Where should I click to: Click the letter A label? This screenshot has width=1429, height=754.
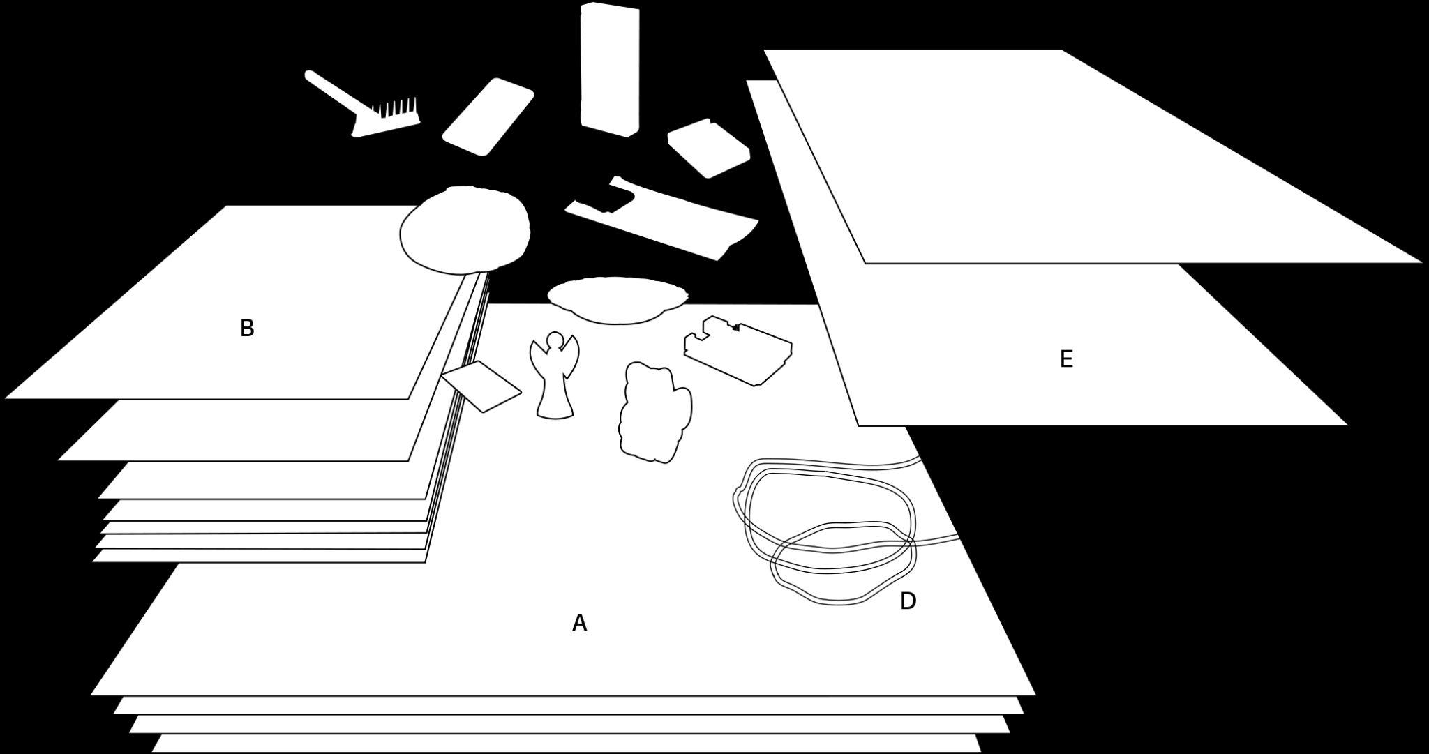(579, 623)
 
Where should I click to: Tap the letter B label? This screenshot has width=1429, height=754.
(247, 328)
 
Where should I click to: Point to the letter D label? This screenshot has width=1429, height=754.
(908, 601)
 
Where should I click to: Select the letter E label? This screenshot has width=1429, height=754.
(1065, 359)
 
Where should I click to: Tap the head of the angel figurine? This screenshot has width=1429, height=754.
(554, 341)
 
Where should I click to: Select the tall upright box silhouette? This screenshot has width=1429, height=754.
(610, 68)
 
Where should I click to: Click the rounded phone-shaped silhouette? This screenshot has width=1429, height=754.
(488, 116)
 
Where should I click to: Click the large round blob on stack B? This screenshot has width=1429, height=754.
(465, 229)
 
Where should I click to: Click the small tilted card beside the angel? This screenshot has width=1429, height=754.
(481, 386)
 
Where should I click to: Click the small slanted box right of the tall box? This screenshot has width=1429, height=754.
(708, 147)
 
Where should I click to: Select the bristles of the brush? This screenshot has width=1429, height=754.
(396, 110)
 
